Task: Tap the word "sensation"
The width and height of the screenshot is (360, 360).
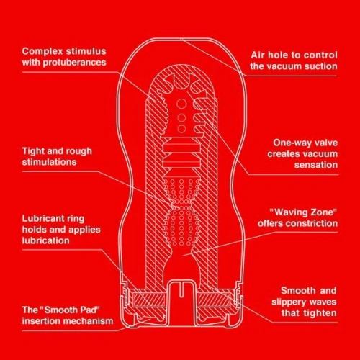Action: (313, 165)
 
